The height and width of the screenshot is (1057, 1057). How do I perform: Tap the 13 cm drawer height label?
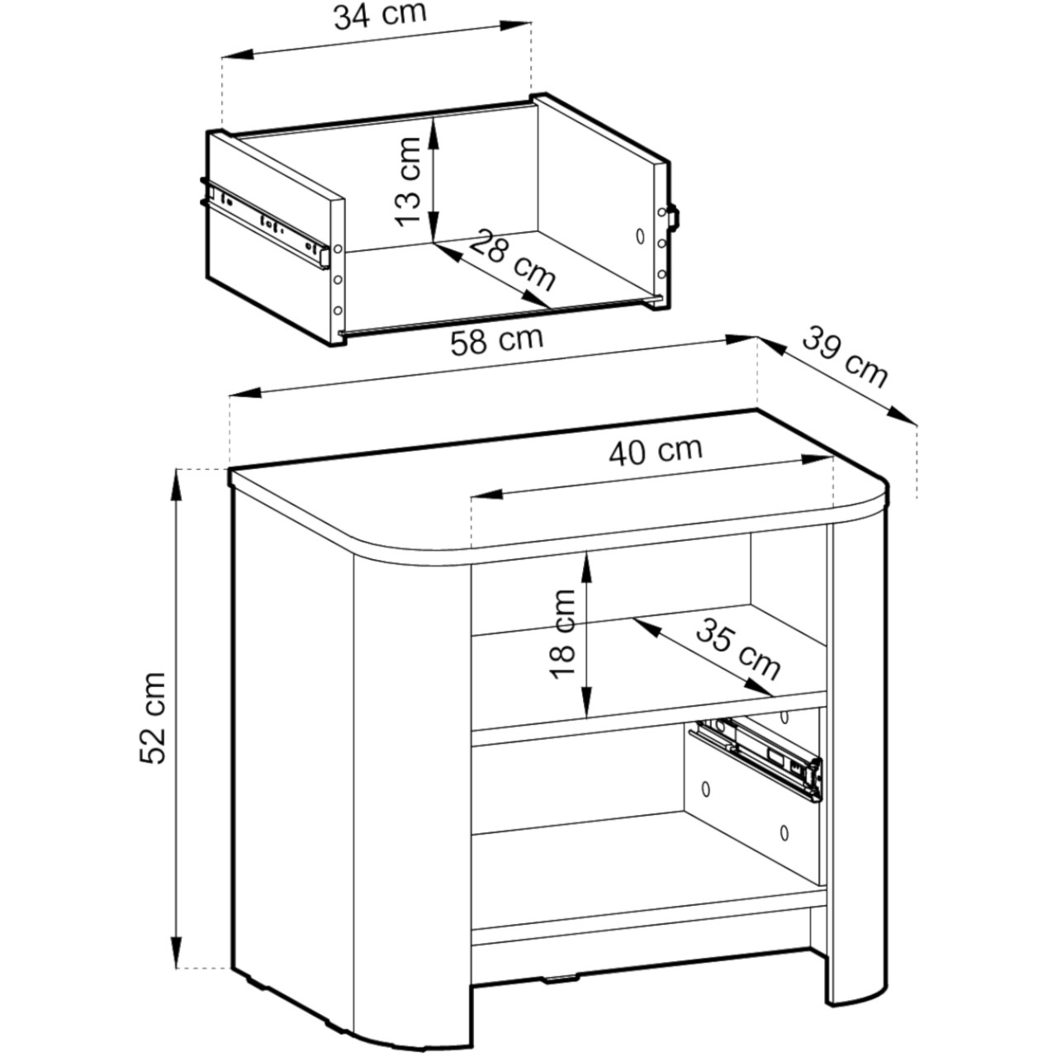(x=408, y=182)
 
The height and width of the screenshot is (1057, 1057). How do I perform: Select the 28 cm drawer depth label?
(x=512, y=260)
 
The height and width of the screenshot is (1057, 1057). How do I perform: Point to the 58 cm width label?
(x=497, y=340)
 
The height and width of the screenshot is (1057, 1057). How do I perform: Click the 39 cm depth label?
(x=845, y=358)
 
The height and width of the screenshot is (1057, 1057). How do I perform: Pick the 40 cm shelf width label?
(x=656, y=452)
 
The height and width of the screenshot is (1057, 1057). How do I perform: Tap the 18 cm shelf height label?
(x=562, y=634)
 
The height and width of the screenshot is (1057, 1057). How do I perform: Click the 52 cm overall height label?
(x=153, y=718)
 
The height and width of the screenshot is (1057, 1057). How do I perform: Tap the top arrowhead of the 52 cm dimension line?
(x=177, y=486)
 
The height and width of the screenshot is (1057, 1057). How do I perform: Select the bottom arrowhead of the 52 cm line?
(x=177, y=951)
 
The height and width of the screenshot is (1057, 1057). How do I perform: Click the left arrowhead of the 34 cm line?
(x=238, y=55)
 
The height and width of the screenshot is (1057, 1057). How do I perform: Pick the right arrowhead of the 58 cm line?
(x=742, y=339)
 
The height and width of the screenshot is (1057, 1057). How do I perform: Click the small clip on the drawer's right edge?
(x=674, y=216)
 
